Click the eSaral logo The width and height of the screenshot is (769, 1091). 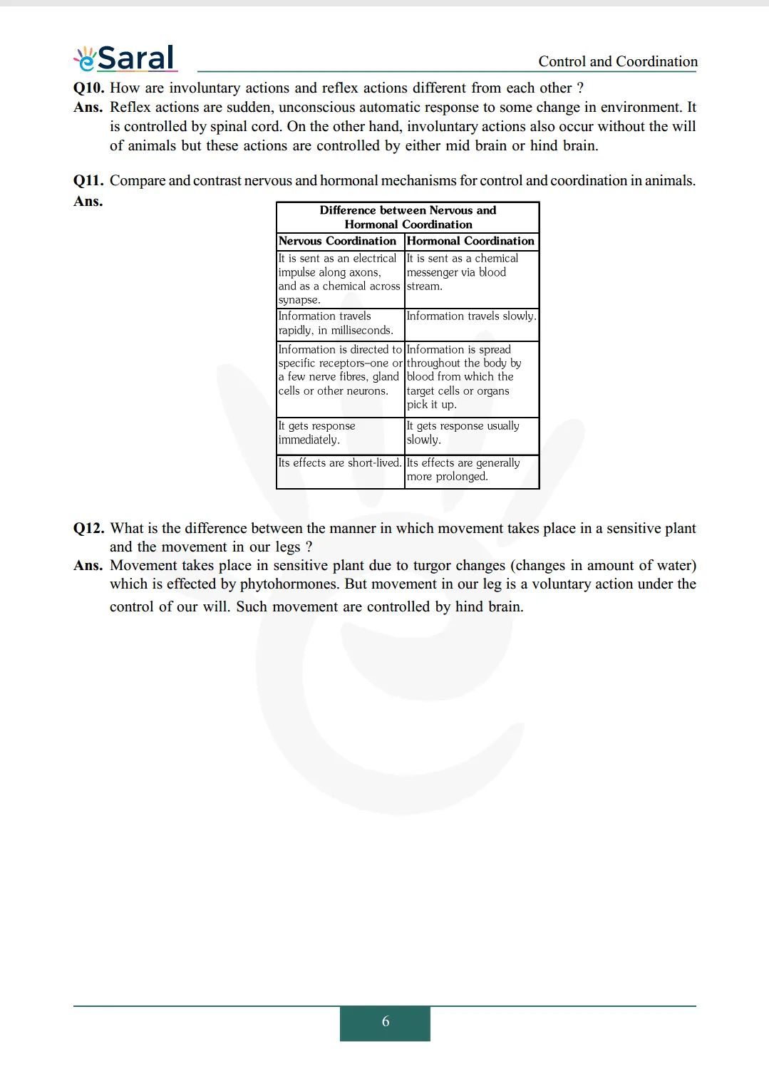125,58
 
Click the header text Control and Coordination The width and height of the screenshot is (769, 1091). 617,61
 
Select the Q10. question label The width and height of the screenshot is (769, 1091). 89,88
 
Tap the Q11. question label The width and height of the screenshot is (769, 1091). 89,180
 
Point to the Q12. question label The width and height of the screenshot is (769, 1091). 89,528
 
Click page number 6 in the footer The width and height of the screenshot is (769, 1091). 385,1022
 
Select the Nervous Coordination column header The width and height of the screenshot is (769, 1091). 337,241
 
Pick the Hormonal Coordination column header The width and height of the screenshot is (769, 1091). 470,241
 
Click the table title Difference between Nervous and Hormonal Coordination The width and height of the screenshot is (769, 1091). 408,217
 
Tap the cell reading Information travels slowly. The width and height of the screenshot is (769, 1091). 471,316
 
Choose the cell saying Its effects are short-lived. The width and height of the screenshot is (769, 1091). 340,463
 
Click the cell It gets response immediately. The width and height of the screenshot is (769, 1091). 317,433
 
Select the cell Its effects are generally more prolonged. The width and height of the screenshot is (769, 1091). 463,470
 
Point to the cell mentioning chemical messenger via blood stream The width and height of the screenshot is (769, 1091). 462,272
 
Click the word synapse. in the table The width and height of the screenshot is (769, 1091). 299,300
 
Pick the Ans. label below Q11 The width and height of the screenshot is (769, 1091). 88,202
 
